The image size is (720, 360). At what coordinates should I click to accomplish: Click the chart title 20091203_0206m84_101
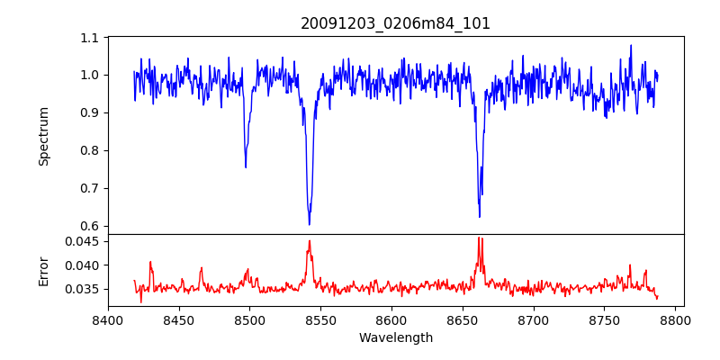(x=395, y=23)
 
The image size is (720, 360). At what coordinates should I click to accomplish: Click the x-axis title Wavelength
(x=395, y=338)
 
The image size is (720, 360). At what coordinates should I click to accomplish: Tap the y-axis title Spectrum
(x=44, y=136)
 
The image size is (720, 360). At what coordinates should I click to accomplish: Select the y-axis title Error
(x=44, y=270)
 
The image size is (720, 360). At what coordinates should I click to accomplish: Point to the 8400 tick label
(x=108, y=319)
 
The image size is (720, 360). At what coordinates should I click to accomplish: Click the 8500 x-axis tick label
(x=249, y=319)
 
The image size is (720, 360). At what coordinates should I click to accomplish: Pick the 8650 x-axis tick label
(x=463, y=319)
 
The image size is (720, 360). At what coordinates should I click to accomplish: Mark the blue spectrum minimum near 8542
(x=310, y=224)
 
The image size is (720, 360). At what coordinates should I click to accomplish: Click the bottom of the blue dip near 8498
(x=246, y=166)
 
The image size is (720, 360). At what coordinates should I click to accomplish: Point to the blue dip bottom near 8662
(x=480, y=216)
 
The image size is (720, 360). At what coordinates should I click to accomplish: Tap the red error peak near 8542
(x=310, y=241)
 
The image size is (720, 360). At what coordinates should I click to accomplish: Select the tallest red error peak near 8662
(x=479, y=238)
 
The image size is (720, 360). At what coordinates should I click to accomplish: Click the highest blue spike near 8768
(x=631, y=46)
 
